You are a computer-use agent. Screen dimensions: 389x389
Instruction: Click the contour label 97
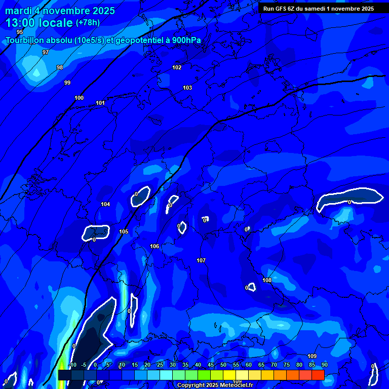(x=46, y=52)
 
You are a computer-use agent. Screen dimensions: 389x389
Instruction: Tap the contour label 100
(x=79, y=98)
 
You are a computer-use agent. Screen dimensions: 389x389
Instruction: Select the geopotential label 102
(x=177, y=67)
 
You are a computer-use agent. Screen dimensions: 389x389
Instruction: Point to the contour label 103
(x=187, y=88)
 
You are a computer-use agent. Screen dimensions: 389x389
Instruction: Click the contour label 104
(x=105, y=204)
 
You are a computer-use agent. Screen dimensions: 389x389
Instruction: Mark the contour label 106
(x=154, y=246)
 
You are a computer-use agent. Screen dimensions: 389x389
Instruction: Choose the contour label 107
(x=201, y=260)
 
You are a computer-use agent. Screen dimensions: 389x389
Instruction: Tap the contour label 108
(x=267, y=280)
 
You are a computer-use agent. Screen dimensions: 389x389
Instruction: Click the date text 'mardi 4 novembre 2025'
(x=60, y=11)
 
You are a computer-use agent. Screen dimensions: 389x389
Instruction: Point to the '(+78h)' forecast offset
(x=88, y=23)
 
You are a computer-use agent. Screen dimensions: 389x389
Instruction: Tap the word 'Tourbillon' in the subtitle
(x=24, y=41)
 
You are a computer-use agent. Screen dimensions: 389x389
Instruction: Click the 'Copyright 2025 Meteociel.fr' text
(x=215, y=385)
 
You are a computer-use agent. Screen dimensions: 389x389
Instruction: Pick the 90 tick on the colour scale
(x=324, y=365)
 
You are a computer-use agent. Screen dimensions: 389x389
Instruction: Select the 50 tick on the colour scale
(x=223, y=365)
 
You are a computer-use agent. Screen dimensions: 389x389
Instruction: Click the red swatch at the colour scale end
(x=318, y=375)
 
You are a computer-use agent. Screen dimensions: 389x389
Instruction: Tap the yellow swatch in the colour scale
(x=229, y=375)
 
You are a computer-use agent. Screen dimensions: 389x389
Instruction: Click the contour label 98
(x=60, y=67)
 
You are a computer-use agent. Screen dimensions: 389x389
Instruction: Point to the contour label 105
(x=124, y=231)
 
